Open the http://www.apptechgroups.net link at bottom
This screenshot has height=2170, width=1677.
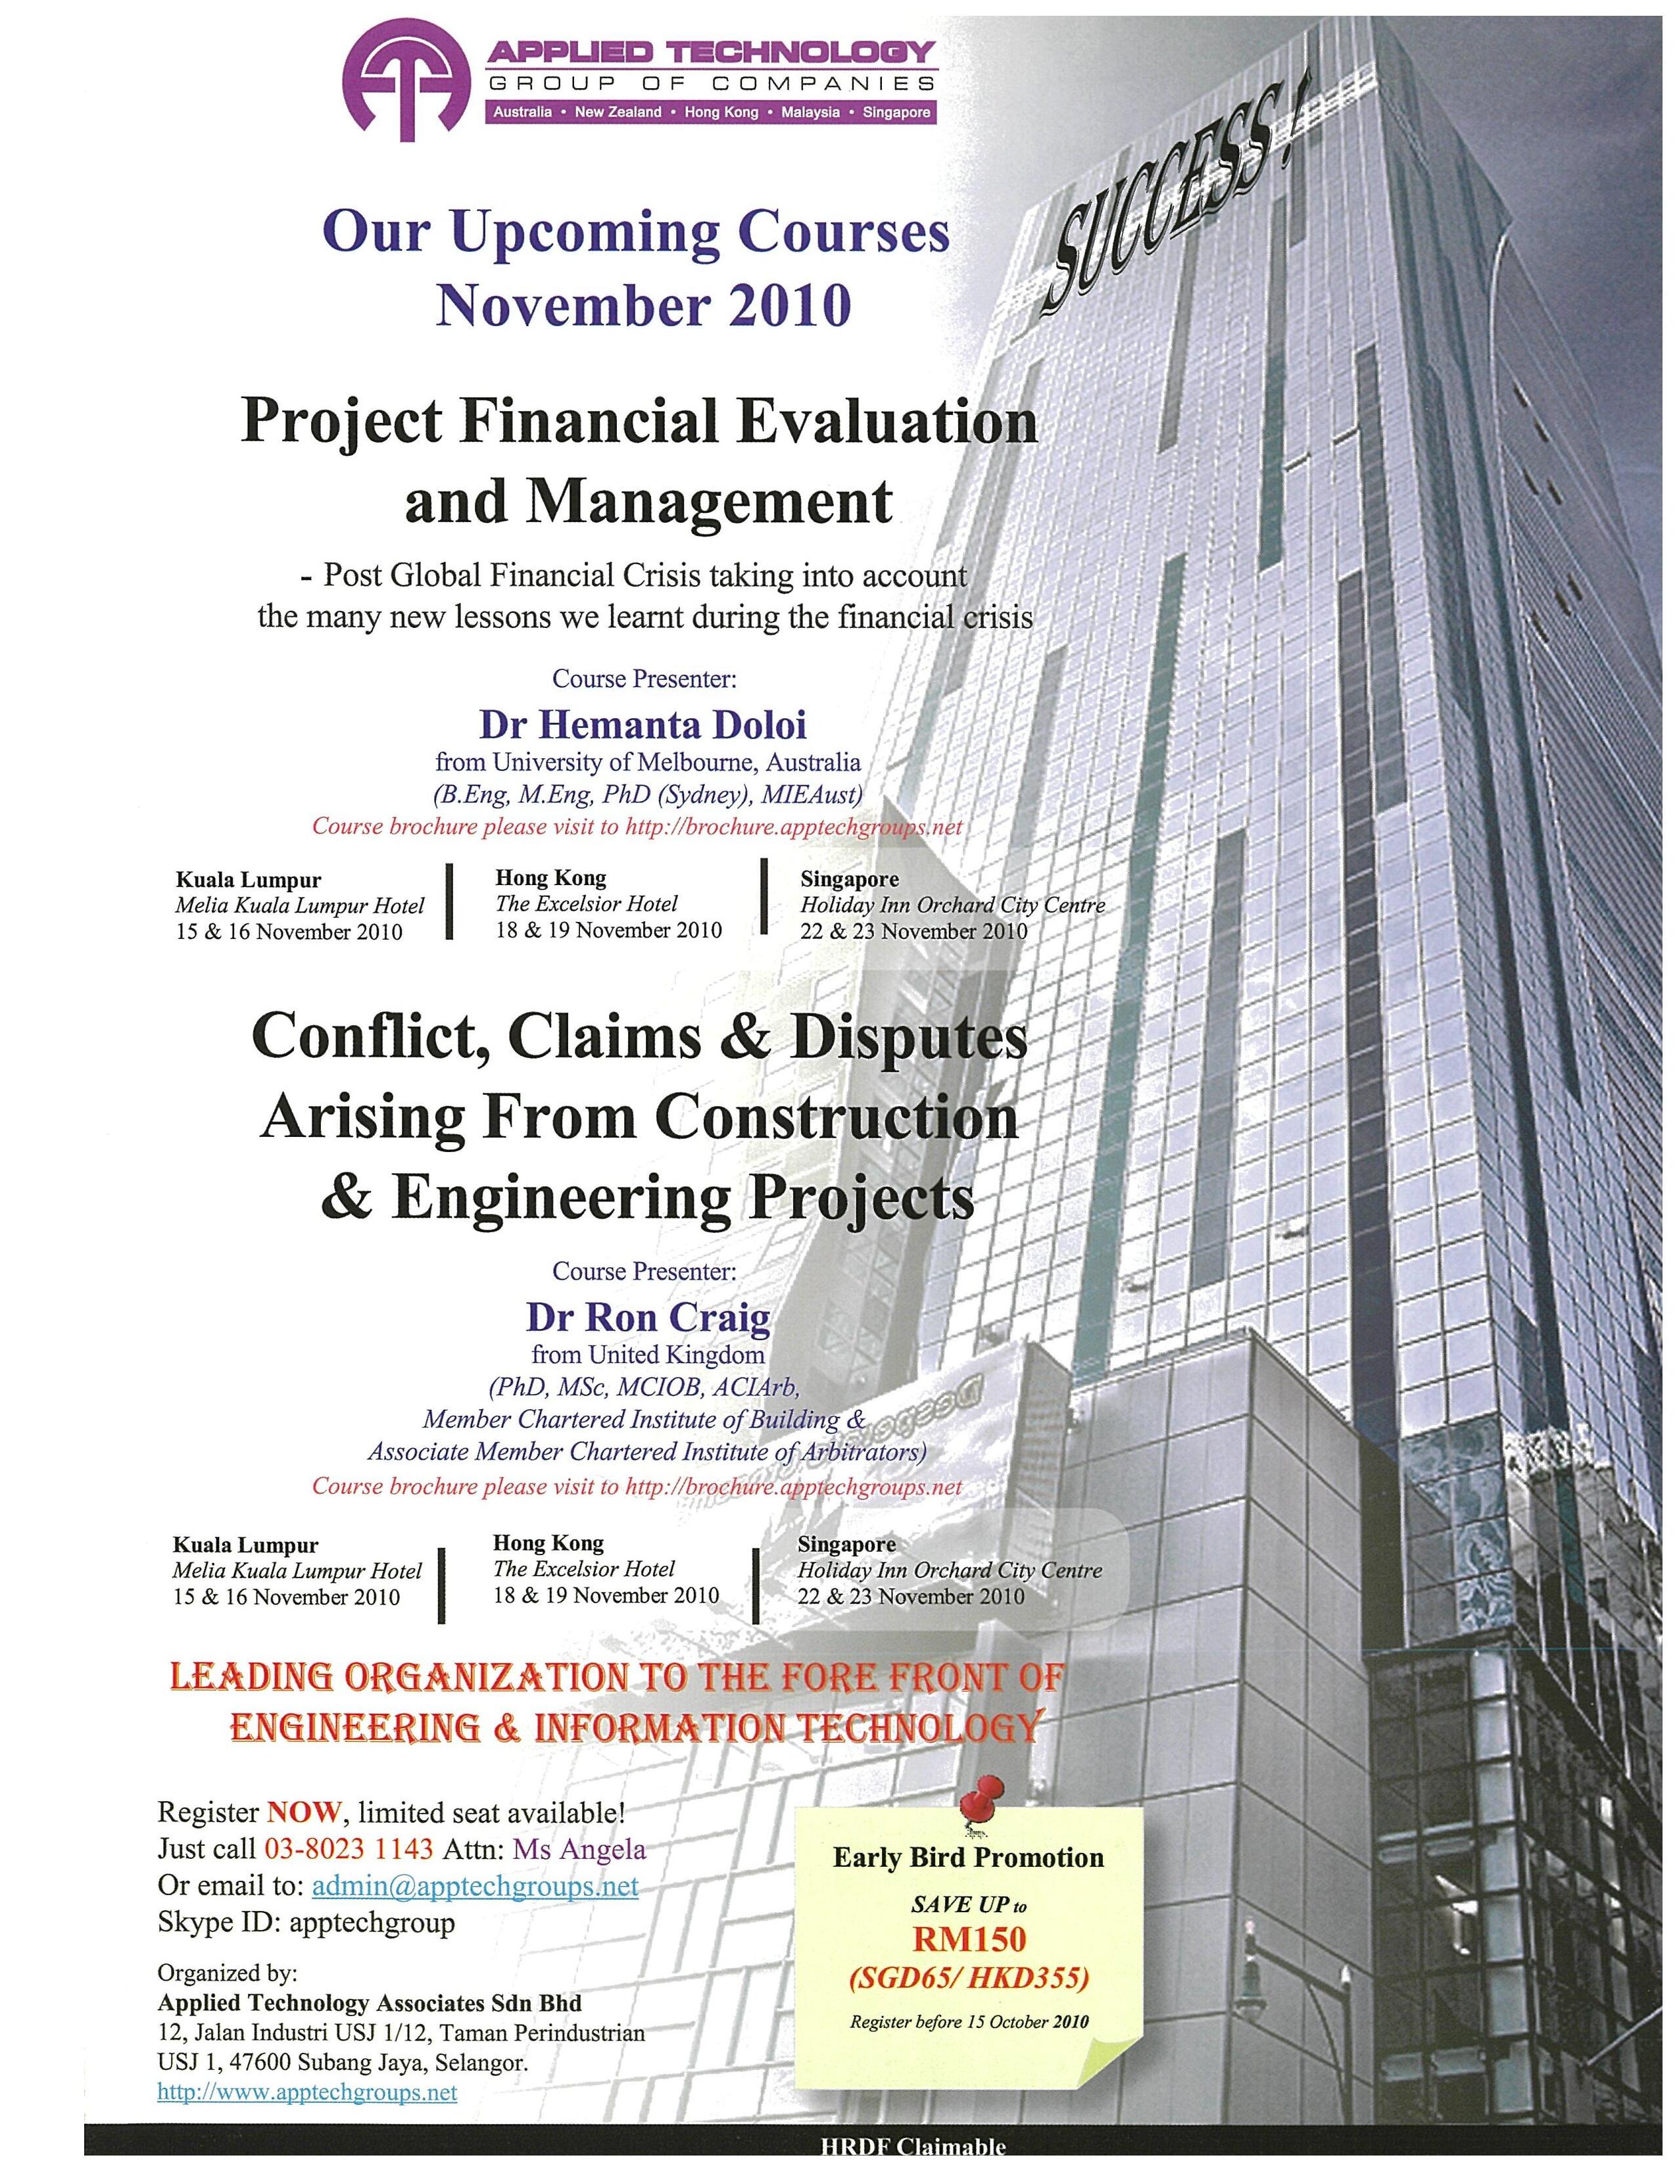pos(307,2092)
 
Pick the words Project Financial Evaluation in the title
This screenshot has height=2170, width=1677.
pos(639,422)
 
